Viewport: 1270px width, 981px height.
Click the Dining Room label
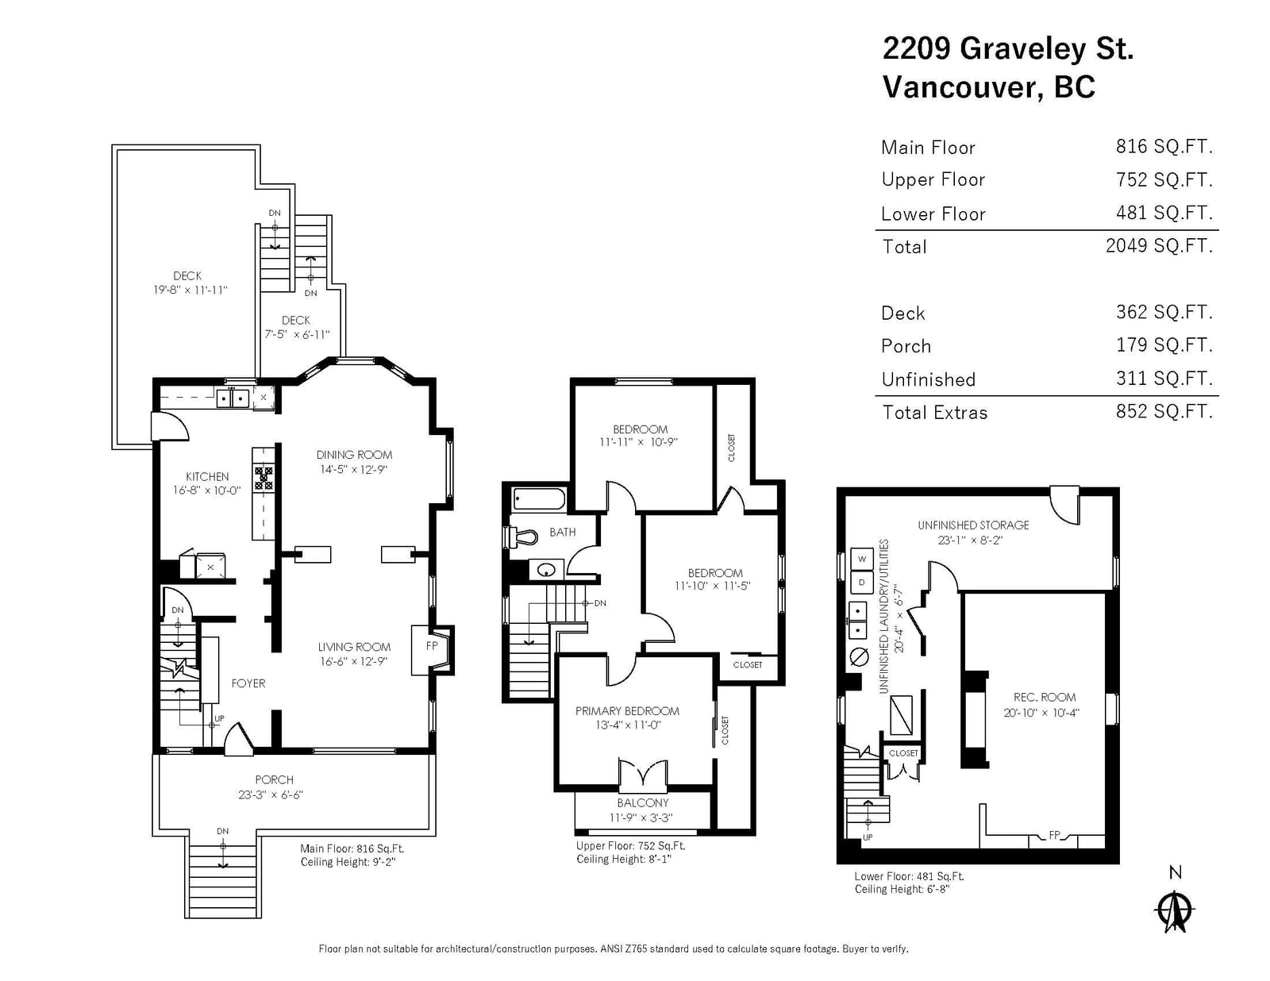click(354, 455)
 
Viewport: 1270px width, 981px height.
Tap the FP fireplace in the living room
click(433, 650)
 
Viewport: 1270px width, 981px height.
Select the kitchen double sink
click(233, 398)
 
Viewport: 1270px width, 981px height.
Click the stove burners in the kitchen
click(264, 477)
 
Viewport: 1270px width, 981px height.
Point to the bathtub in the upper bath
click(539, 499)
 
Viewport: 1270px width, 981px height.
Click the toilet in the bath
click(521, 537)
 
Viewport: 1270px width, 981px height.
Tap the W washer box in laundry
click(861, 559)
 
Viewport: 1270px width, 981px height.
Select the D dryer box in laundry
click(861, 583)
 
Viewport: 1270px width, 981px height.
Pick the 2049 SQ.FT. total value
click(1159, 246)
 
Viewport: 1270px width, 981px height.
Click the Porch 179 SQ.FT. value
click(1164, 345)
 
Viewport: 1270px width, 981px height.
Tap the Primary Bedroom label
click(627, 711)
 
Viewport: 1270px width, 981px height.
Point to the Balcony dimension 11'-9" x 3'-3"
click(641, 818)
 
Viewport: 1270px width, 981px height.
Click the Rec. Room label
click(1045, 697)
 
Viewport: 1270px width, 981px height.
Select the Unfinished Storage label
click(973, 525)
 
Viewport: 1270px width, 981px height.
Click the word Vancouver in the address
click(963, 87)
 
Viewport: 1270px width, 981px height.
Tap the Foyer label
click(248, 683)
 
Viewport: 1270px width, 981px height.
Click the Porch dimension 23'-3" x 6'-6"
click(271, 794)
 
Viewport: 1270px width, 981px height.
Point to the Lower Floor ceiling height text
click(902, 889)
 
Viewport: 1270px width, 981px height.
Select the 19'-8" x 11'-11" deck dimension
click(190, 290)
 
